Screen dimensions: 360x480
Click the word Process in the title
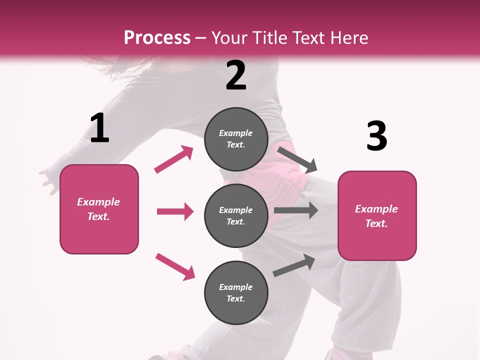[157, 38]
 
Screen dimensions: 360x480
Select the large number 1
[99, 128]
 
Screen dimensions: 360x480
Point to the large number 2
[236, 76]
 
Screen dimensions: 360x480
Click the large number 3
[376, 136]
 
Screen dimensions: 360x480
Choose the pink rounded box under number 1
[99, 209]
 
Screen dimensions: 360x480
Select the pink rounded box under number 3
[377, 215]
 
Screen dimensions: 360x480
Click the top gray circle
[236, 139]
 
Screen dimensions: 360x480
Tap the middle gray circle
[236, 215]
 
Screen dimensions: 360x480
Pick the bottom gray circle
[236, 292]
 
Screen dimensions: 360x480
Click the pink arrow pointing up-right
[174, 159]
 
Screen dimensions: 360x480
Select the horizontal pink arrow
[175, 211]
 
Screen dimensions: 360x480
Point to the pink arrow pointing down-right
[175, 266]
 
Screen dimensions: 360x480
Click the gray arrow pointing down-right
[297, 159]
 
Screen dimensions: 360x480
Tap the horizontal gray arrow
[295, 210]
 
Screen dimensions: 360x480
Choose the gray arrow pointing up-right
[294, 265]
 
